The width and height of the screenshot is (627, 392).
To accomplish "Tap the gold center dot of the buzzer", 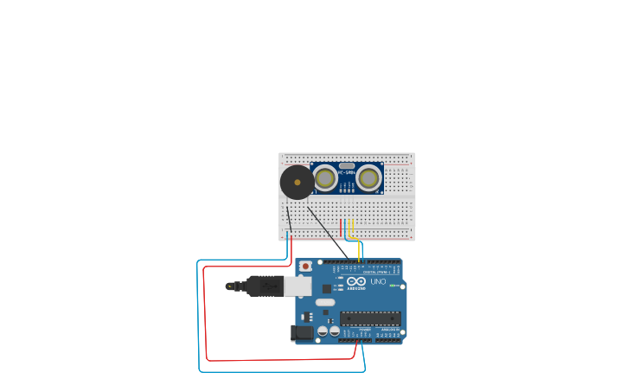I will pos(298,183).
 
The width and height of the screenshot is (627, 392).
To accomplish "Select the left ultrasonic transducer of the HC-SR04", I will pos(325,178).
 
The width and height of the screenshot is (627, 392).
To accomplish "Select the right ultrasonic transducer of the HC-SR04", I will pos(369,178).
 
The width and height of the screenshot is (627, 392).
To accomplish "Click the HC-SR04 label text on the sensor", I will pos(347,172).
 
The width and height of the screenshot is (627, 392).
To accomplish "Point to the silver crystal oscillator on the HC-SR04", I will pos(347,165).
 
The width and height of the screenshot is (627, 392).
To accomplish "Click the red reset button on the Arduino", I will pos(304,266).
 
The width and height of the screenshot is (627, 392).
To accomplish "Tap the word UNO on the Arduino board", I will pos(378,282).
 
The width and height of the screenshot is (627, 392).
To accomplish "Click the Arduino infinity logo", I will pos(356,280).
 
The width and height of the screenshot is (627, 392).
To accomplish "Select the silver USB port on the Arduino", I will pos(298,286).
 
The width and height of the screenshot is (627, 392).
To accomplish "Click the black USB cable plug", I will pos(264,286).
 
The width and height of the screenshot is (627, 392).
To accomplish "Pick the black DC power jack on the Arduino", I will pos(304,332).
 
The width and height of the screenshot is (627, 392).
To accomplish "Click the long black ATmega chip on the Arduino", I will pos(370,318).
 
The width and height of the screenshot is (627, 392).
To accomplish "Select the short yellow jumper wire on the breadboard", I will pos(353,227).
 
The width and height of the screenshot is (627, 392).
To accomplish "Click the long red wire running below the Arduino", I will pos(259,359).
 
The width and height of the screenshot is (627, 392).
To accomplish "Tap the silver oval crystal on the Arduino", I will pos(324,303).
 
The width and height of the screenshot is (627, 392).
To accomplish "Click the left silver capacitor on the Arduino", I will pos(323,331).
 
